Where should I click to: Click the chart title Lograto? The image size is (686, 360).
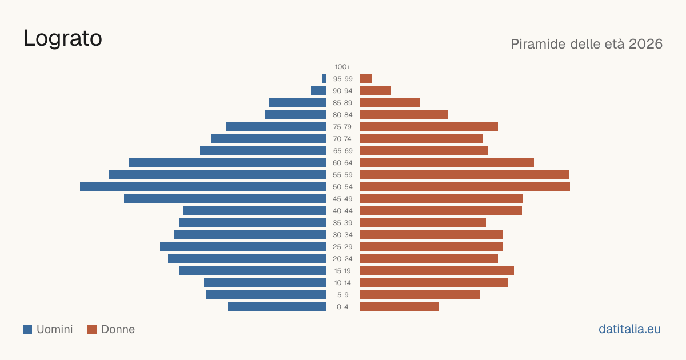(63, 39)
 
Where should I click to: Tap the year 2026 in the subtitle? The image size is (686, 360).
(645, 44)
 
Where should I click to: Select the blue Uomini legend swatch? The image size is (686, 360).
(27, 329)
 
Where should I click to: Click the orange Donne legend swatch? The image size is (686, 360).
(92, 329)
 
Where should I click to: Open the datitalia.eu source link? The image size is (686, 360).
(629, 329)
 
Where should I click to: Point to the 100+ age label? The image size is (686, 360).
(342, 67)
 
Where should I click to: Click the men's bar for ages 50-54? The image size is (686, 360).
(203, 187)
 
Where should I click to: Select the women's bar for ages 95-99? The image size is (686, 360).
(366, 79)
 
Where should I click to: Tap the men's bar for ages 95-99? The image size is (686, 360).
(324, 79)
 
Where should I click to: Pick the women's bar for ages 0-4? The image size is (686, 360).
(400, 307)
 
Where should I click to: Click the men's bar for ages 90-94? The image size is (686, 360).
(318, 91)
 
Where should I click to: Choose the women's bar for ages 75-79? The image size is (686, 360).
(429, 127)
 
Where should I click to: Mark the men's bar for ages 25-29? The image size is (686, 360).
(243, 247)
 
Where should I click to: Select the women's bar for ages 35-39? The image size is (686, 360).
(423, 222)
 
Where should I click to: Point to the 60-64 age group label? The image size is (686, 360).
(342, 163)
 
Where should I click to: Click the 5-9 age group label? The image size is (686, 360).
(342, 295)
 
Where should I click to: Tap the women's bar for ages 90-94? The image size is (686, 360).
(376, 91)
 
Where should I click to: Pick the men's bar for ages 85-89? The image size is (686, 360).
(297, 102)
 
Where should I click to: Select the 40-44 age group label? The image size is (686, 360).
(342, 211)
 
